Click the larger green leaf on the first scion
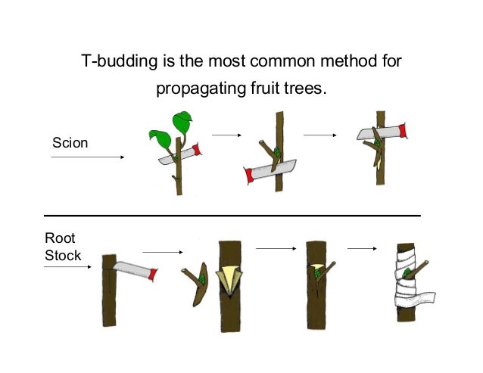[x=182, y=120]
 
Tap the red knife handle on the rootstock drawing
[x=154, y=272]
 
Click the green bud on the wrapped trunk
[x=409, y=273]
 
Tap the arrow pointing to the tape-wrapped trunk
[x=362, y=248]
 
